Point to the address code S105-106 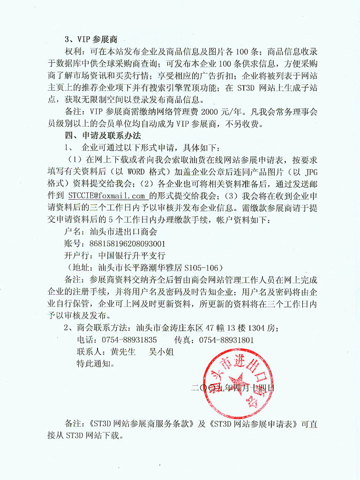202,268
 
